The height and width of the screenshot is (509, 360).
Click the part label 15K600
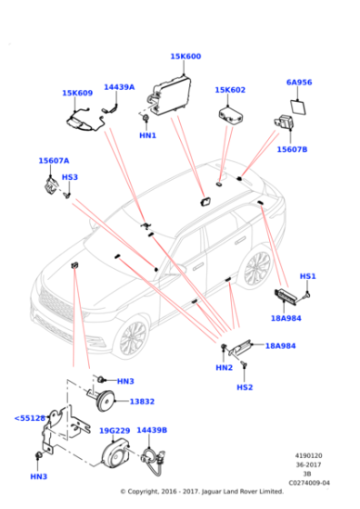185,56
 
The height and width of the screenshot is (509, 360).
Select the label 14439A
119,87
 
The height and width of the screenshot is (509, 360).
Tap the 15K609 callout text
77,93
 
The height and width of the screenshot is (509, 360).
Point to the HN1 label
147,135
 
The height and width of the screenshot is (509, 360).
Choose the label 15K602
230,90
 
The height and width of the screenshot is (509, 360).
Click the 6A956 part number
299,82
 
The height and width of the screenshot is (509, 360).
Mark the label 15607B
292,149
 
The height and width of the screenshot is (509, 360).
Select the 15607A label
54,160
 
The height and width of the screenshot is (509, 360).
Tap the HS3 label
70,177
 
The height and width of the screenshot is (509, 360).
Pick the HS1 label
307,276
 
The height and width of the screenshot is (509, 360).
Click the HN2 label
224,367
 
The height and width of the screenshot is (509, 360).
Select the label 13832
142,400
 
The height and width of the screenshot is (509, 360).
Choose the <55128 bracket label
30,418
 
